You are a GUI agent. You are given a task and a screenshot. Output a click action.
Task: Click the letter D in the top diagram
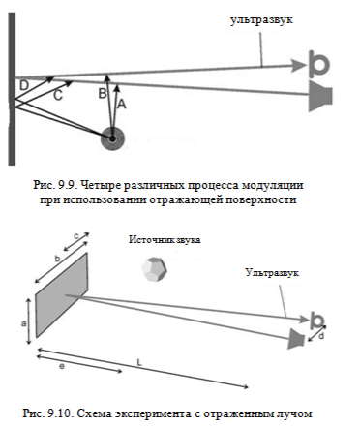pos(24,85)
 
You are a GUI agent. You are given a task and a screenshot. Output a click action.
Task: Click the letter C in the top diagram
pos(57,96)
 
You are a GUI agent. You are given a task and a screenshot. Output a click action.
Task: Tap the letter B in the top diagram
pos(102,93)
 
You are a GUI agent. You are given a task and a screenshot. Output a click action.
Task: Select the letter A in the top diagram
pos(121,104)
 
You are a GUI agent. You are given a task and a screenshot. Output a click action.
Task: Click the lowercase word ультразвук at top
pos(261,20)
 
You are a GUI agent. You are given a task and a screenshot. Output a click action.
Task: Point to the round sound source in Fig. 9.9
pos(112,138)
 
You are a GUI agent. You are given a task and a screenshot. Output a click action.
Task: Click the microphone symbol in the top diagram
pos(318,64)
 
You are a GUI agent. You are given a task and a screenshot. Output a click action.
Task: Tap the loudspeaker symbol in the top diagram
pos(320,96)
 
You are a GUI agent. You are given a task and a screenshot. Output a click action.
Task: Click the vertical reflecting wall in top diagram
pos(12,89)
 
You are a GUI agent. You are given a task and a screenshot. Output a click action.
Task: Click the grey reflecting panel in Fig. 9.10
pos(61,295)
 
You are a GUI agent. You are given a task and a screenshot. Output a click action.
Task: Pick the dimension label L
pos(139,362)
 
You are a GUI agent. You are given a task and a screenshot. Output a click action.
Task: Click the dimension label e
pos(62,367)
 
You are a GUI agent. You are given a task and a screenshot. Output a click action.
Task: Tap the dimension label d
pos(321,336)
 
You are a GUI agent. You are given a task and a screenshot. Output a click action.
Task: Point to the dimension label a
pos(23,323)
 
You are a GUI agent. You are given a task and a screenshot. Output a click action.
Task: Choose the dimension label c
pos(76,236)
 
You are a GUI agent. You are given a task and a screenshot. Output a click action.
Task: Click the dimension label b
pos(57,259)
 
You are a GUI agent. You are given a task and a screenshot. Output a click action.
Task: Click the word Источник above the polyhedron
pos(147,240)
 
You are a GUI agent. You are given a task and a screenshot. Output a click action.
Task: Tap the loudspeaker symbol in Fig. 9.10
pos(295,339)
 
